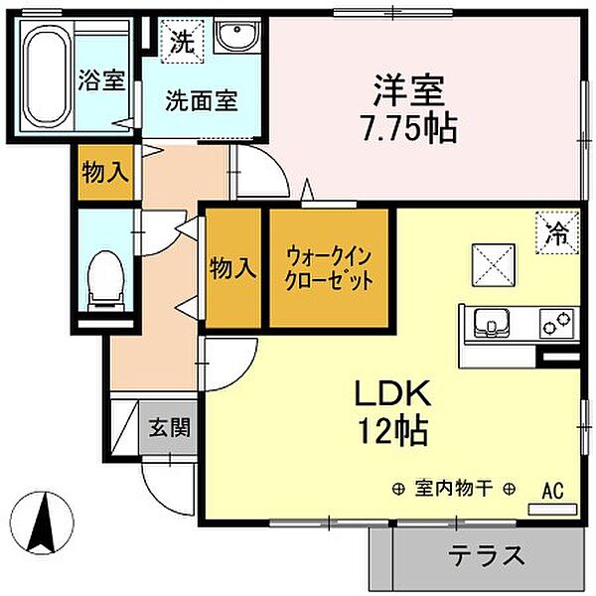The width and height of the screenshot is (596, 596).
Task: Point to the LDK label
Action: [x=393, y=394]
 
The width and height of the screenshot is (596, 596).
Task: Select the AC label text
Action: [x=553, y=490]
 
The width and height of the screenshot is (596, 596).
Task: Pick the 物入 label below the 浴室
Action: [x=104, y=173]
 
